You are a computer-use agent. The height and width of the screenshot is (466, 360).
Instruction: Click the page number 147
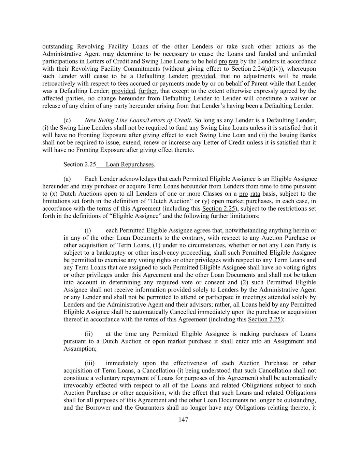point(183,420)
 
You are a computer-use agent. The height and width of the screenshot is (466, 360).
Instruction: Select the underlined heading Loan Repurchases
point(130,165)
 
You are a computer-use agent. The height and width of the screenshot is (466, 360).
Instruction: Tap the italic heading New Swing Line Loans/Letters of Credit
point(138,120)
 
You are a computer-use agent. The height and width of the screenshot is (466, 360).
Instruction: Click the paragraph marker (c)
point(67,120)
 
